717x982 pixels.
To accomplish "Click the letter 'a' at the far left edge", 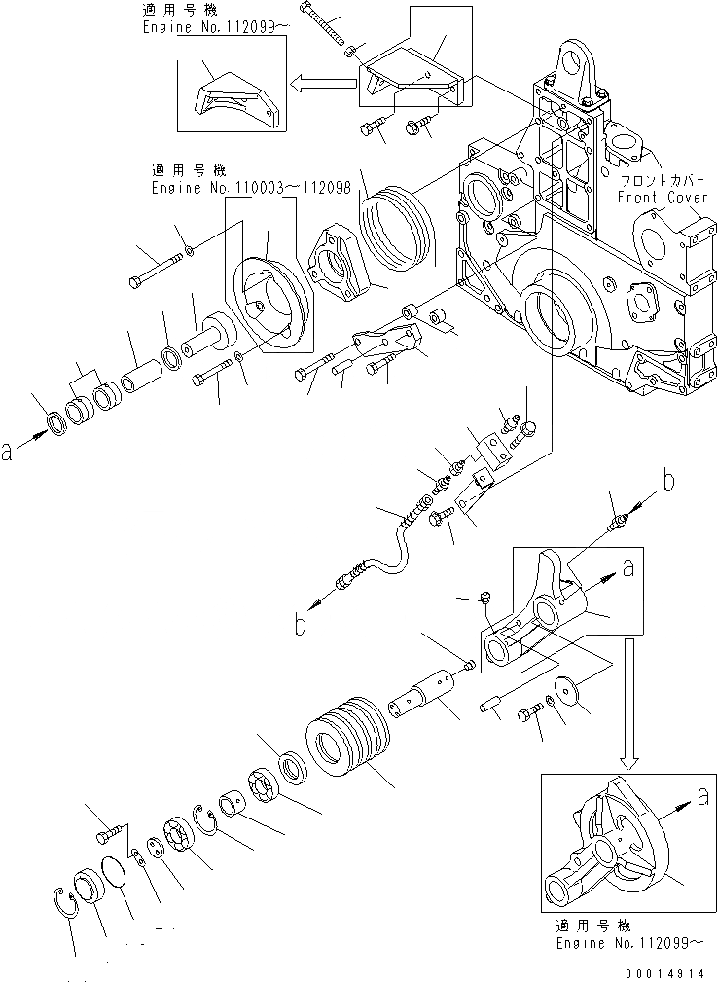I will click(8, 451).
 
